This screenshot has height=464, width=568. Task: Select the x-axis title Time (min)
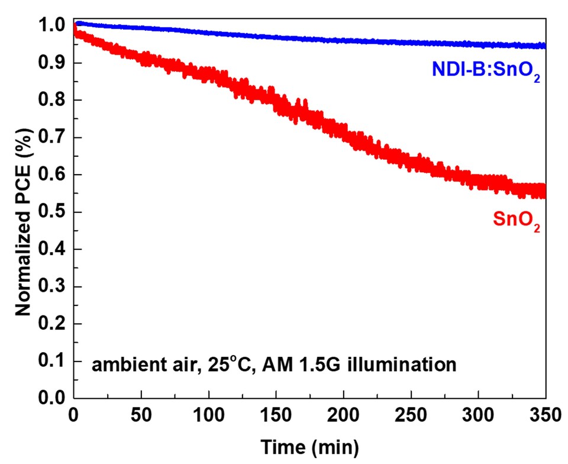309,444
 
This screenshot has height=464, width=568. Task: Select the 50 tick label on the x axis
141,416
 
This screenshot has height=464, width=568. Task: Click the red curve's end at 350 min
544,191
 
